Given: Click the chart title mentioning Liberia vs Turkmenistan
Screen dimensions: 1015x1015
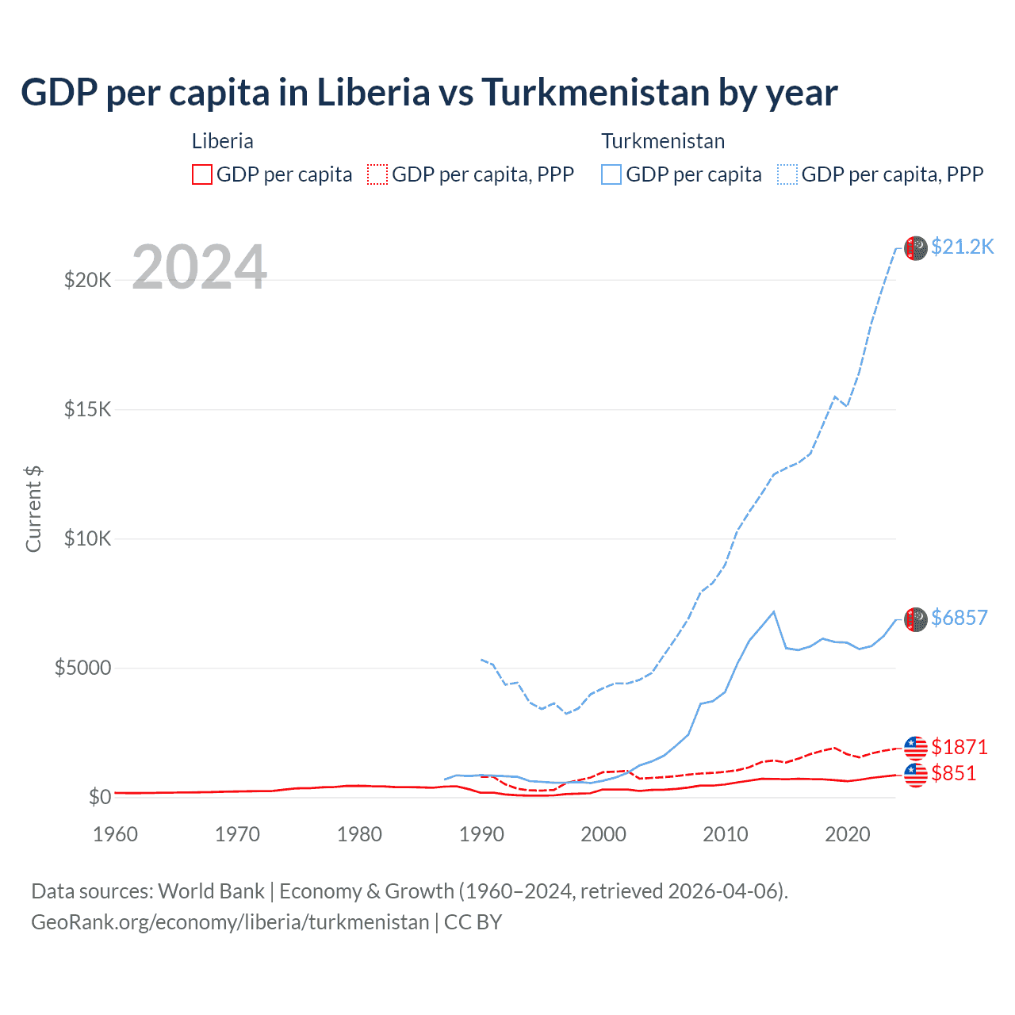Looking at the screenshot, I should click(x=428, y=92).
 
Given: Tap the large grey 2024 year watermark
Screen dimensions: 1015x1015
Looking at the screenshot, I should click(x=199, y=267).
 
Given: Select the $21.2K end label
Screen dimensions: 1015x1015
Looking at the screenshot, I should click(x=962, y=247).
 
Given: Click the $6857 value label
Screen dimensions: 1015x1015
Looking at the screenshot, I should click(x=959, y=618).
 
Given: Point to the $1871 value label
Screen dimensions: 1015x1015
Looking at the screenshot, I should click(x=959, y=747).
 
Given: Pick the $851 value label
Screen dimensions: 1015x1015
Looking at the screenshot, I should click(x=953, y=773).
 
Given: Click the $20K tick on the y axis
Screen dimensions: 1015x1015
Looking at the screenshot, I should click(x=87, y=280).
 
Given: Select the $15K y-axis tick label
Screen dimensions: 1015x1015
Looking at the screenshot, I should click(x=87, y=409).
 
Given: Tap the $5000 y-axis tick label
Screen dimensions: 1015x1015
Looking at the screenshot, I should click(x=82, y=668).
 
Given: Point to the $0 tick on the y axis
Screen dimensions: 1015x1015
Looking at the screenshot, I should click(x=99, y=797).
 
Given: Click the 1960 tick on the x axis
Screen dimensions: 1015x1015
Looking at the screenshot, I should click(x=115, y=834).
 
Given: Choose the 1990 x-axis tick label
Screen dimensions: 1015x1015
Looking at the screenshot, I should click(x=481, y=834).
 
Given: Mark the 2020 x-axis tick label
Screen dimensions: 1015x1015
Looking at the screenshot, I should click(x=848, y=834).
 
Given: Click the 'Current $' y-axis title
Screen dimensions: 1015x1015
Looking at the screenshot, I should click(x=33, y=508).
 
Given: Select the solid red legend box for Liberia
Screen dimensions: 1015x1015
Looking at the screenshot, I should click(x=202, y=174).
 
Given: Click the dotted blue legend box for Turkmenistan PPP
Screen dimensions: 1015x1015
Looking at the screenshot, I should click(x=787, y=174).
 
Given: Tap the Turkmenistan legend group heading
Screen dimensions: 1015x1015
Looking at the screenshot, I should click(x=663, y=141).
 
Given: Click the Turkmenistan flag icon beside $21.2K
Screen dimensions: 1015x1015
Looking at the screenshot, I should click(x=915, y=247).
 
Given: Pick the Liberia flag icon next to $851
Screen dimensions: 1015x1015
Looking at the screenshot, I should click(x=915, y=774).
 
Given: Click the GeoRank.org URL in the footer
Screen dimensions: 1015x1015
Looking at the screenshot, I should click(x=230, y=922).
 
